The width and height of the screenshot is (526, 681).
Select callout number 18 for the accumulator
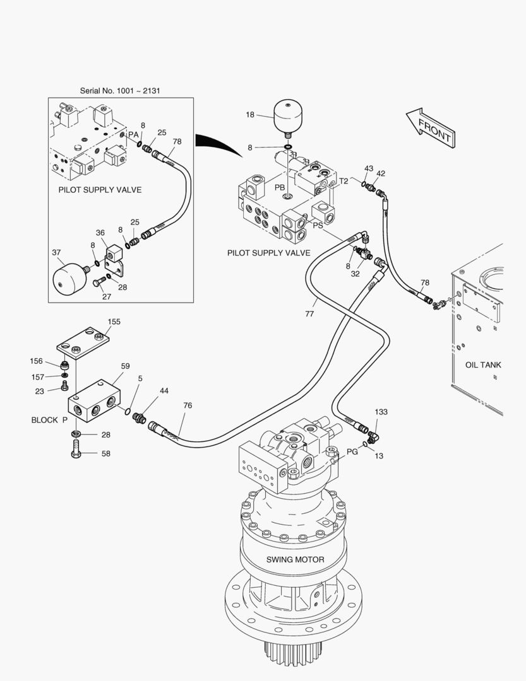coord(250,115)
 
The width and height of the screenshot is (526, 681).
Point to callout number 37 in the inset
coord(56,252)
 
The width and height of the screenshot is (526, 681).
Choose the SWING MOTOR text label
coord(295,559)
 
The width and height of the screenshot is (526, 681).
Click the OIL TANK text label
coord(483,364)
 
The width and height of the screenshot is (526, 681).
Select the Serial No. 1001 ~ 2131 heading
coord(120,91)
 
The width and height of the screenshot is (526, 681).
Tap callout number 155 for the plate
coord(114,322)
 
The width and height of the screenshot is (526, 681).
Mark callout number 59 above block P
coord(125,366)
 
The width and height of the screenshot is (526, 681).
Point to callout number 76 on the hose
coord(188,405)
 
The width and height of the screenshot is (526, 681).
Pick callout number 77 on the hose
coord(309,313)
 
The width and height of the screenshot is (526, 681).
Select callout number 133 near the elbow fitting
coord(381,412)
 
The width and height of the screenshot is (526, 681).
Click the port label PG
coord(352,451)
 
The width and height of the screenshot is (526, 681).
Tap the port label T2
coord(344,181)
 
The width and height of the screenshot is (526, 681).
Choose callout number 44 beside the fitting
coord(164,391)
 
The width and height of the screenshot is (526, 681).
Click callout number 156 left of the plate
coord(37,361)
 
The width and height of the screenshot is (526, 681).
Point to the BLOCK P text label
coord(49,419)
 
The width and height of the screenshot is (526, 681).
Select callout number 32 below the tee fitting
coord(356,274)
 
